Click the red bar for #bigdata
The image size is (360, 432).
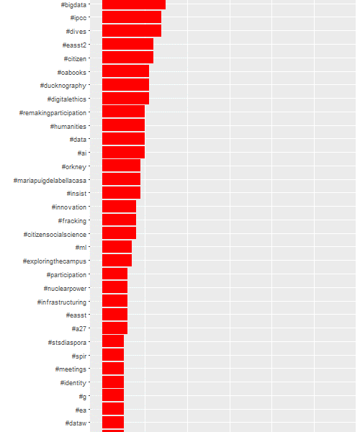point(134,5)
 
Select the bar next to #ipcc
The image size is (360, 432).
point(132,17)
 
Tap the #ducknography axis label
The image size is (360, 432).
point(63,86)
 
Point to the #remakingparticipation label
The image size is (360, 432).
point(53,113)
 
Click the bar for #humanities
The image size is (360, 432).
point(123,125)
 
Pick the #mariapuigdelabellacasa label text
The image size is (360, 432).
point(50,181)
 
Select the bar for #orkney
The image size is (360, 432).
point(121,166)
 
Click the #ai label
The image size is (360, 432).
point(82,153)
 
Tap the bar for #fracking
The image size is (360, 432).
point(119,220)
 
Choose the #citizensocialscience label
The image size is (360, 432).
point(55,235)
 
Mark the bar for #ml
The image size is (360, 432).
point(117,246)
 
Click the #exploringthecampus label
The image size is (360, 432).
point(55,261)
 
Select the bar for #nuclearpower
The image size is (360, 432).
point(115,287)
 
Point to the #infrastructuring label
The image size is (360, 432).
point(62,302)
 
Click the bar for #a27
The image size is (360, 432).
point(115,328)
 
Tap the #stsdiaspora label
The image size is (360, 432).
point(67,343)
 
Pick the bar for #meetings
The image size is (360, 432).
point(113,368)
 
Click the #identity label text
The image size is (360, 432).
point(73,383)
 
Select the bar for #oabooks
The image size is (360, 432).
point(125,71)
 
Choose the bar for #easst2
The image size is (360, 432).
point(128,44)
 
